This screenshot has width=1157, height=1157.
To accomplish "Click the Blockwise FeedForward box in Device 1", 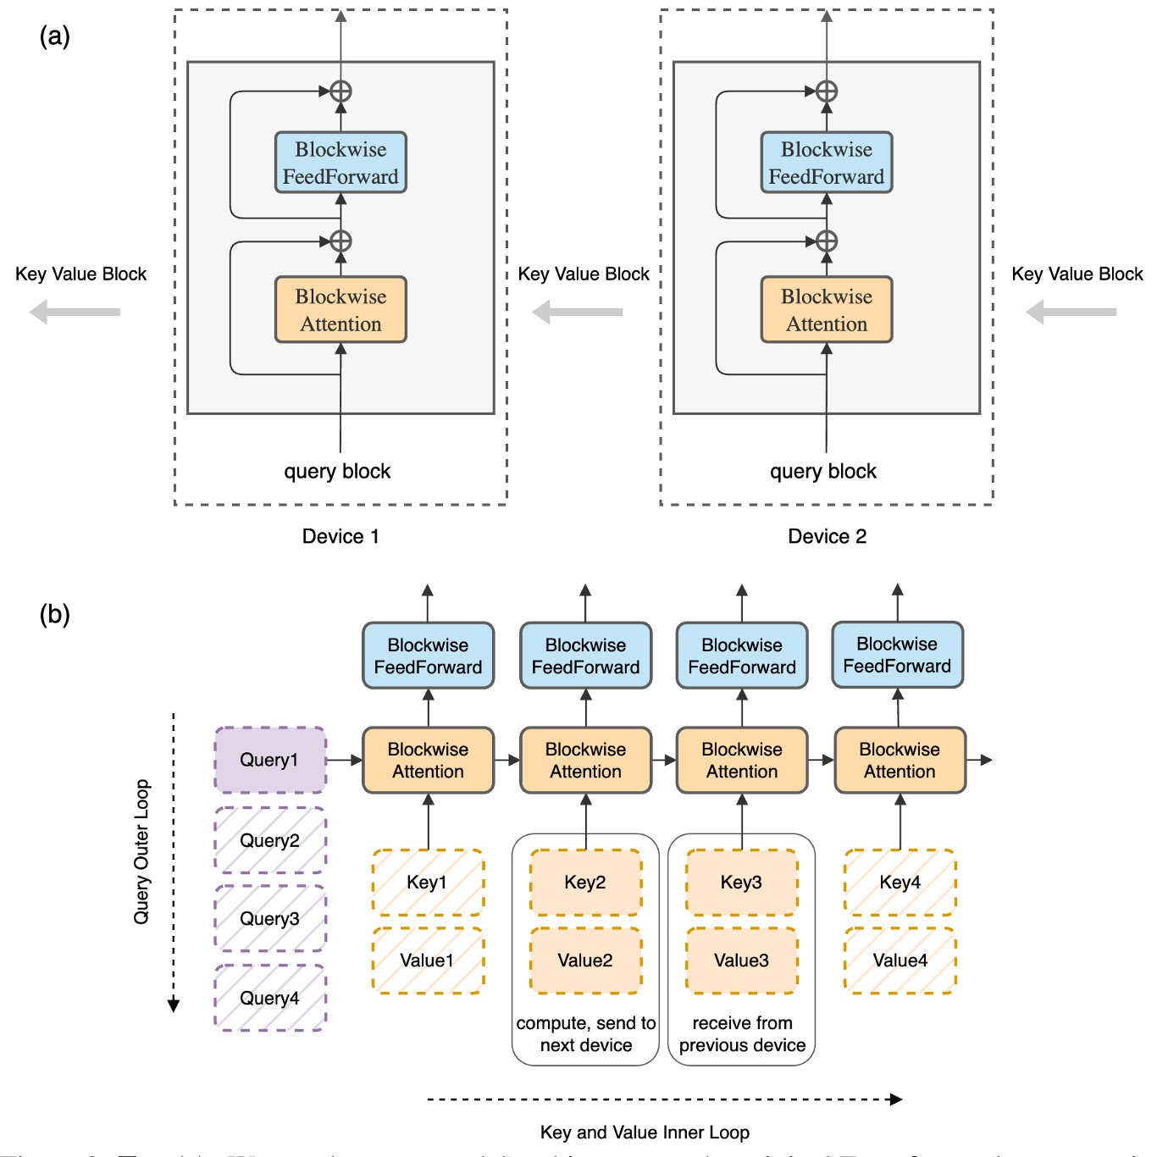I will (340, 163).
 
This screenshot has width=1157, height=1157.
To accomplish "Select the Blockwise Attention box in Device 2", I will (826, 310).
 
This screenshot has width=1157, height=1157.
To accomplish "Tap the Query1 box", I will (269, 760).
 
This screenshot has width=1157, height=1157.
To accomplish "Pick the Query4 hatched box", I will (269, 998).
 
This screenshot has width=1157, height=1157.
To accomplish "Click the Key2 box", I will (585, 883).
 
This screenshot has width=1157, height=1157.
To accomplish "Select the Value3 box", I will (741, 960).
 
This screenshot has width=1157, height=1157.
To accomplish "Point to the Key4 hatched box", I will (900, 883).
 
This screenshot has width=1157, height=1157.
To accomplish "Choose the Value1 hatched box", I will (427, 960).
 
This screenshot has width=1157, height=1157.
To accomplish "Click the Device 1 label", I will (340, 536).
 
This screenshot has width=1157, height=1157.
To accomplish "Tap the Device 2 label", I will (827, 536).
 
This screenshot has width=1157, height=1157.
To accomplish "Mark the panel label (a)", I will (54, 36).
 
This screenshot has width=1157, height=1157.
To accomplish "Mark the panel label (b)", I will (54, 614).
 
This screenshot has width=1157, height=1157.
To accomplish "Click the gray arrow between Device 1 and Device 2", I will (578, 313).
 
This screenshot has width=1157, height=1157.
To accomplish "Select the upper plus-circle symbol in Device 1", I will (340, 91).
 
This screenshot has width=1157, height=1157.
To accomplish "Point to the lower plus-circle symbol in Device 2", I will (826, 241).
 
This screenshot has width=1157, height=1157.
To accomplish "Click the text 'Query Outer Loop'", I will (141, 851).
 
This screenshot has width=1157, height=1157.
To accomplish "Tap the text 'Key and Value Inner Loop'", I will (645, 1132).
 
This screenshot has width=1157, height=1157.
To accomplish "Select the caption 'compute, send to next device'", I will (585, 1034).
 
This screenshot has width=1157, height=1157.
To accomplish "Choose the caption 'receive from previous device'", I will (742, 1034).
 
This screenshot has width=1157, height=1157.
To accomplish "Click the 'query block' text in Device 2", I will (822, 472).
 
